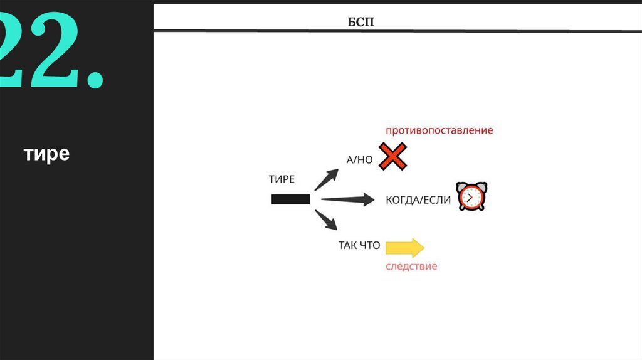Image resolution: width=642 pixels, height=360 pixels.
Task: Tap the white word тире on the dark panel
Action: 47,154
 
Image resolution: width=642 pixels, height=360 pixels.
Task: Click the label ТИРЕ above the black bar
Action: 282,179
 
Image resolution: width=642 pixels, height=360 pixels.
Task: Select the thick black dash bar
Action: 290,199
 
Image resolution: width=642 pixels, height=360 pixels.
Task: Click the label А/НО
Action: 359,160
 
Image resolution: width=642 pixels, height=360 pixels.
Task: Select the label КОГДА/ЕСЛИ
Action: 418,200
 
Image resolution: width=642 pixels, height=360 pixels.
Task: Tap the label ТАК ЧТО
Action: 359,245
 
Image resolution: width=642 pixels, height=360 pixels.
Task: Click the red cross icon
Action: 393,157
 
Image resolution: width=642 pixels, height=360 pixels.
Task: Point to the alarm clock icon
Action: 472,197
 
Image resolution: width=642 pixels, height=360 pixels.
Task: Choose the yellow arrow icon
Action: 405,247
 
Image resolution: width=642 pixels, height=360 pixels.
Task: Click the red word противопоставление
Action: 439,130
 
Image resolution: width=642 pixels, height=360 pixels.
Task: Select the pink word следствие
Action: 411,267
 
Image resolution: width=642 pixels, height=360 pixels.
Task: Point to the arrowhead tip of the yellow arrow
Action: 424,247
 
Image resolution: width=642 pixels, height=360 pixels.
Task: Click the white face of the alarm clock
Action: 472,199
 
